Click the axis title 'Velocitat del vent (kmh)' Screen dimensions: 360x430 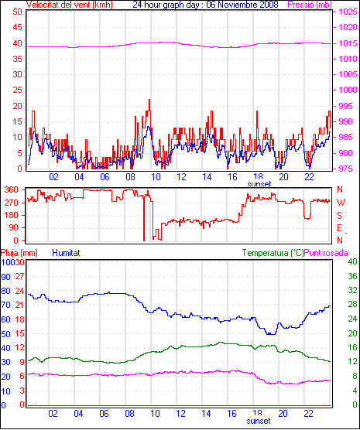click(x=69, y=5)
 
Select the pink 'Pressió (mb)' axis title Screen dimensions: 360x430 click(x=310, y=5)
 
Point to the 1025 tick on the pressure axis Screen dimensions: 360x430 click(x=348, y=12)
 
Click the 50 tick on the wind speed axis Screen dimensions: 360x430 click(x=17, y=12)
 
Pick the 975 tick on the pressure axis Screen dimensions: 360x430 click(x=346, y=169)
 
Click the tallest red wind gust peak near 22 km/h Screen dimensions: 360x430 click(x=149, y=101)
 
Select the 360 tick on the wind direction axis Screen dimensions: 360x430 click(x=12, y=189)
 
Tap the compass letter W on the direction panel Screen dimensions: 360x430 click(x=341, y=203)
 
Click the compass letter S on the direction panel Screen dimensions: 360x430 click(x=339, y=216)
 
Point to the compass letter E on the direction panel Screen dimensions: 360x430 click(x=339, y=228)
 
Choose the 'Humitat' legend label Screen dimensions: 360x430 click(x=66, y=253)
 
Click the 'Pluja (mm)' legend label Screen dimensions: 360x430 click(x=19, y=253)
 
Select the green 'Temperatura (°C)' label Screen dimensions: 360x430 click(x=273, y=253)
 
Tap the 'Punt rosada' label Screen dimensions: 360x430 click(x=326, y=253)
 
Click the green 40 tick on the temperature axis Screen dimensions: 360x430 click(x=352, y=261)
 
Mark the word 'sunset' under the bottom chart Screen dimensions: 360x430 click(x=259, y=421)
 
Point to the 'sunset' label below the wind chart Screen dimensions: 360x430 click(x=259, y=184)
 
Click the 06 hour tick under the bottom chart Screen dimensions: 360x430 click(x=104, y=413)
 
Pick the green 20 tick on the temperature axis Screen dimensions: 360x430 click(x=352, y=333)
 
